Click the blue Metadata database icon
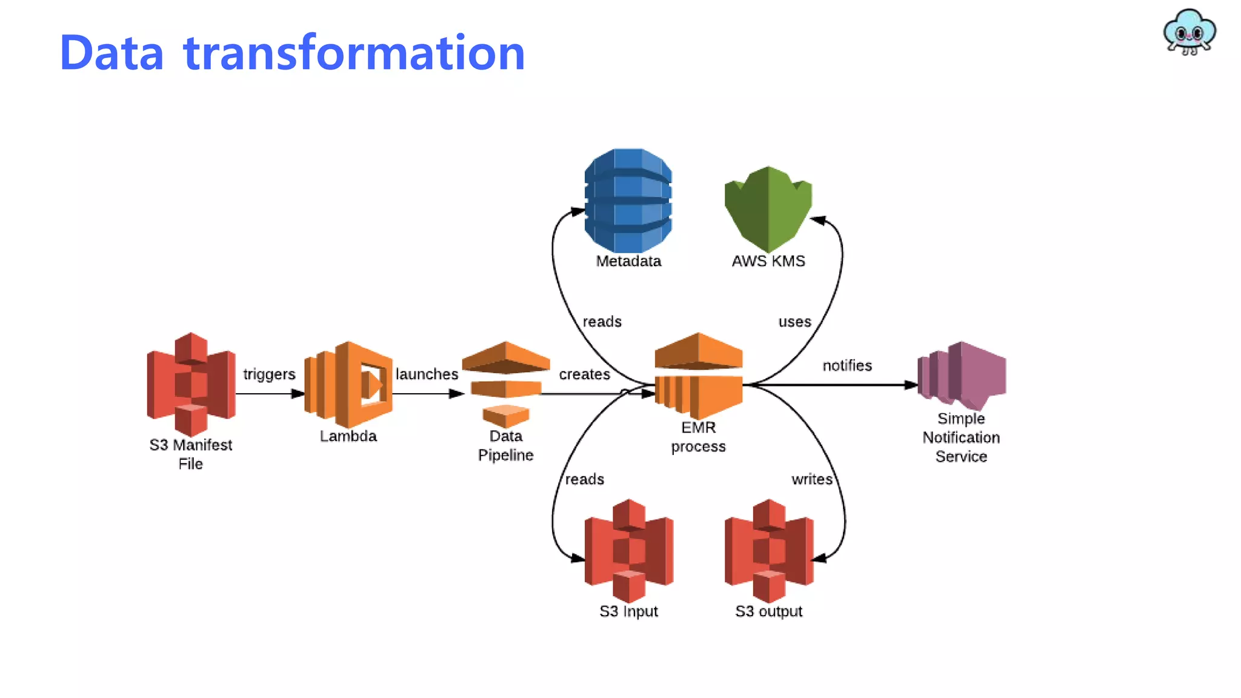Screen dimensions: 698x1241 pyautogui.click(x=628, y=200)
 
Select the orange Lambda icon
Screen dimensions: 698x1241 pyautogui.click(x=348, y=384)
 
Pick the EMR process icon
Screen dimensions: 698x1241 pyautogui.click(x=699, y=376)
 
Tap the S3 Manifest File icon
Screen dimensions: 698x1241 pyautogui.click(x=191, y=384)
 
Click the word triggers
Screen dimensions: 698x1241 pyautogui.click(x=269, y=374)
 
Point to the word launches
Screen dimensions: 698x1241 pyautogui.click(x=427, y=374)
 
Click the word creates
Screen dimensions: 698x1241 pyautogui.click(x=584, y=374)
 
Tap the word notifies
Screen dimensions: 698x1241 pyautogui.click(x=847, y=365)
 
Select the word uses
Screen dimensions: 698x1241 pyautogui.click(x=794, y=322)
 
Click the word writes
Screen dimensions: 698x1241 pyautogui.click(x=811, y=479)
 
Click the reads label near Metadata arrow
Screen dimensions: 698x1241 pyautogui.click(x=602, y=322)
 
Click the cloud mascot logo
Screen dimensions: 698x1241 pyautogui.click(x=1189, y=32)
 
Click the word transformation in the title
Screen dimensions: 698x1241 pyautogui.click(x=354, y=53)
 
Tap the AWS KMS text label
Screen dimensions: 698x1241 pyautogui.click(x=768, y=261)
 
